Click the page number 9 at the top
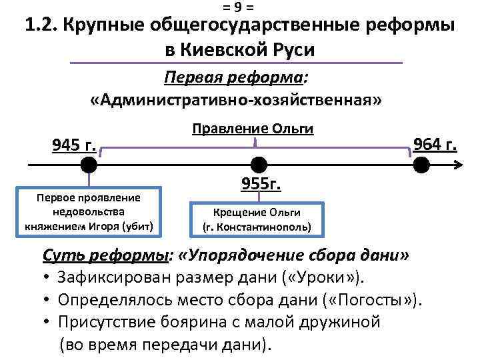239,7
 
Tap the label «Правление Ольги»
253,129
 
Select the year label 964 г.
435,143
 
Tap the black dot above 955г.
258,164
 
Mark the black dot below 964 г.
421,164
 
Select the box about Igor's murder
89,212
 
